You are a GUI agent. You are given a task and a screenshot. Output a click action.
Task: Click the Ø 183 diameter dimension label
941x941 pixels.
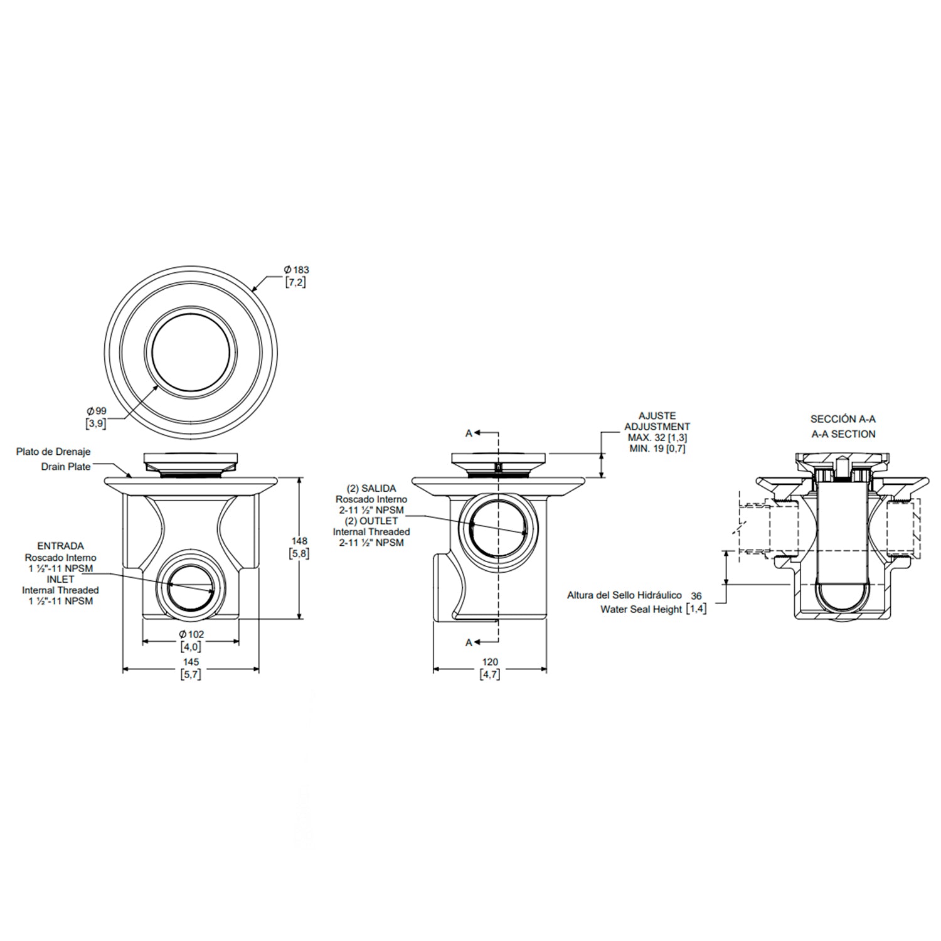pos(297,270)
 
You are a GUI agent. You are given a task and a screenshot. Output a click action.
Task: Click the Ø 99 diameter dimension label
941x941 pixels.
pos(97,411)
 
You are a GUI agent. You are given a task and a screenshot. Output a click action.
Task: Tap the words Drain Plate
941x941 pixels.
pos(66,467)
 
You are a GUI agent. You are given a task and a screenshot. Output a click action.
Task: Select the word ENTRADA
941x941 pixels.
pos(60,546)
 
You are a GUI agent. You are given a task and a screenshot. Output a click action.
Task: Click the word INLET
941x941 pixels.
pos(60,579)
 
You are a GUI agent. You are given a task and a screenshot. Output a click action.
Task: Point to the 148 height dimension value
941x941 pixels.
pos(299,541)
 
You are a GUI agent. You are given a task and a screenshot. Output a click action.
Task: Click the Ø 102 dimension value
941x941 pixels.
pos(191,634)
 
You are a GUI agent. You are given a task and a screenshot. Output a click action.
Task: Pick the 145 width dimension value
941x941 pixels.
pos(191,662)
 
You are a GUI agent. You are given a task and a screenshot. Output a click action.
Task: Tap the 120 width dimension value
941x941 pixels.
pos(489,662)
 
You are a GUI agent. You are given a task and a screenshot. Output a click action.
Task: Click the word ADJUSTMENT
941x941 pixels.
pos(657,427)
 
